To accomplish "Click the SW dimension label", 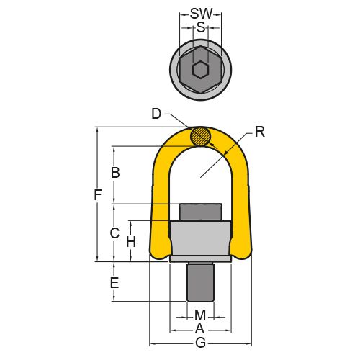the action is coord(201,14).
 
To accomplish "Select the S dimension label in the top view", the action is coord(201,27).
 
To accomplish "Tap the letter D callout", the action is coord(156,114).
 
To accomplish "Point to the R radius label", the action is coord(260,132).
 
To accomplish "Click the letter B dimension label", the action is coord(115,172).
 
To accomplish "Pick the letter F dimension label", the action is coord(98,195).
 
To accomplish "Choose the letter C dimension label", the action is coord(115,233).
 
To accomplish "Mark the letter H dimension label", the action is coord(131,242).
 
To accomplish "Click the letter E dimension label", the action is coord(114,282).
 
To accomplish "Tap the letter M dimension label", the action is coord(200,315).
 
